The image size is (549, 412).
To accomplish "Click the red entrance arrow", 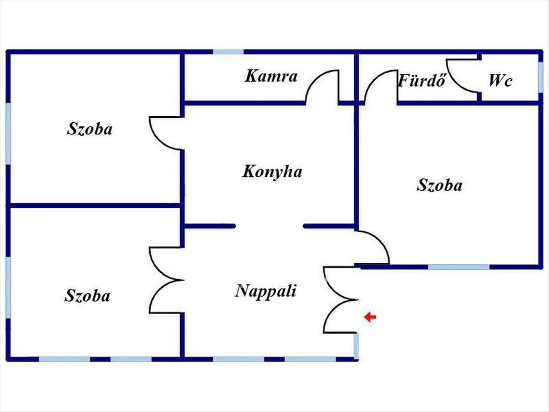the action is coord(370,317).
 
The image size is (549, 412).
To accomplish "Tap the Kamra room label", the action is coord(271,76).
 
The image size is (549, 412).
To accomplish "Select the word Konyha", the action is coord(272,172).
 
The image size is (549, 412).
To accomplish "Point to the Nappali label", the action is coord(266,291).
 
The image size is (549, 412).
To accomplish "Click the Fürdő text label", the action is coord(422,81).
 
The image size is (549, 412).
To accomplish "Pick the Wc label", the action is coord(500,81).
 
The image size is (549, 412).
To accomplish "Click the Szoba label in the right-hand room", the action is coord(440,185).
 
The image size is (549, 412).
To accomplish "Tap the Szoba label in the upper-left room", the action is coord(90,129).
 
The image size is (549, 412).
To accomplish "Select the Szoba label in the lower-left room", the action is coord(87,296).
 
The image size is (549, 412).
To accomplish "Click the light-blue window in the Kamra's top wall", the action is coord(228,52).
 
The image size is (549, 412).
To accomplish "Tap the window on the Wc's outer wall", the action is coord(540,77).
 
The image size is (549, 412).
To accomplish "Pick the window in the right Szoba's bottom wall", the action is coord(459,267).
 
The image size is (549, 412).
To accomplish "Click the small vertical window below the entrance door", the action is coord(356,347).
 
